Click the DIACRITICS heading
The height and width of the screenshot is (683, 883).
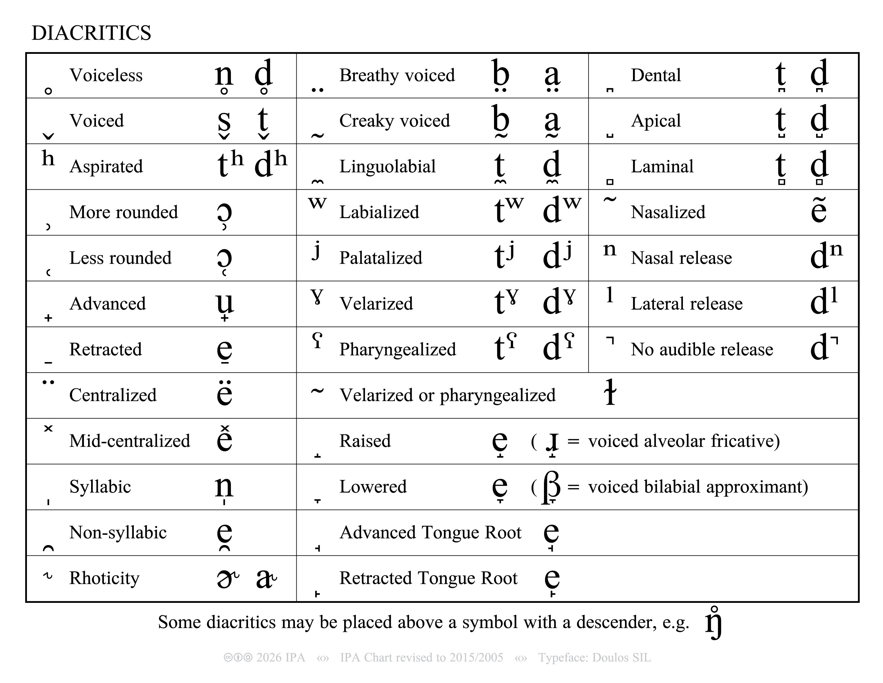[91, 33]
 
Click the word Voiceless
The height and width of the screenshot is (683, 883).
[106, 75]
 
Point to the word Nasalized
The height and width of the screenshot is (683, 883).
[667, 212]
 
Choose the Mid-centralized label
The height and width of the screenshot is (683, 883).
[129, 441]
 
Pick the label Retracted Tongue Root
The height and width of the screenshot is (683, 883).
[428, 578]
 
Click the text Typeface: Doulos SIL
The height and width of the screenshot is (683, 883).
[594, 658]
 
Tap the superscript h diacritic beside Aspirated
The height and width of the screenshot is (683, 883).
[48, 158]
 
